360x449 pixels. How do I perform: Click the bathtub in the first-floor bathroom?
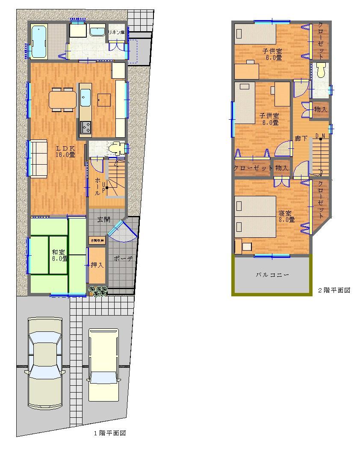38,41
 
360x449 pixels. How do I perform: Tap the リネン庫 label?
116,32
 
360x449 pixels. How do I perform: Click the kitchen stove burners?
86,127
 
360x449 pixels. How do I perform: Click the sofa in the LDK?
37,158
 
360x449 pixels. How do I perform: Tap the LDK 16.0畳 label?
65,151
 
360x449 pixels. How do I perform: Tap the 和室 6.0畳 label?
59,255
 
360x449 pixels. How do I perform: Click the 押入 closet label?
97,265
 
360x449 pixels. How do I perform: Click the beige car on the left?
45,363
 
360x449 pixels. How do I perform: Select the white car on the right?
103,363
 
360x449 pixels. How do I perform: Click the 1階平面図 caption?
109,433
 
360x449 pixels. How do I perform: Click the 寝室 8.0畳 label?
286,216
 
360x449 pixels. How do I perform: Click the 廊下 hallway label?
301,138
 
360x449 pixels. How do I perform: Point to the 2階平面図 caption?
333,290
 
